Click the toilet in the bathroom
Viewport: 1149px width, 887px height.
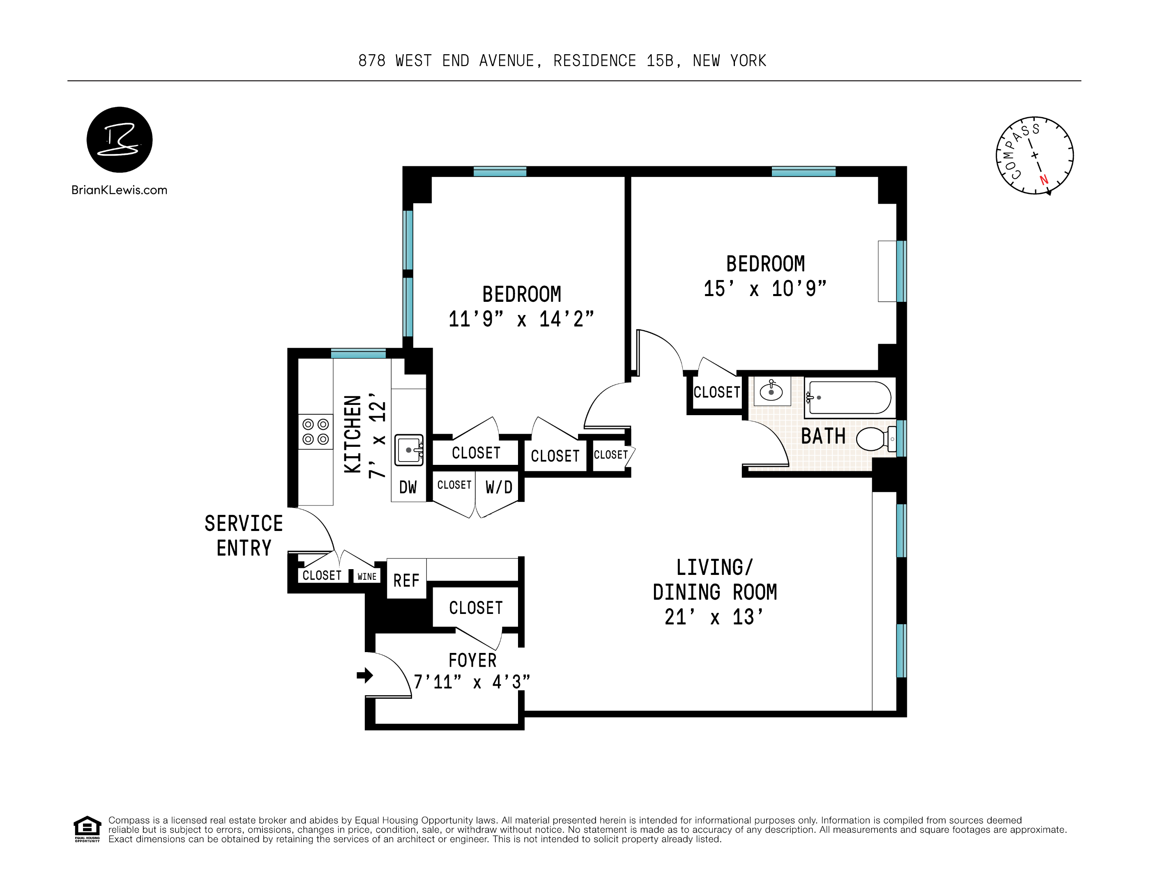pos(876,439)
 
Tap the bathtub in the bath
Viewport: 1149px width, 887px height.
pos(847,398)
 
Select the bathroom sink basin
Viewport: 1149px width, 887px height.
pos(771,391)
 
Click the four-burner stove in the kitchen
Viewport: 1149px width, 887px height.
pos(315,432)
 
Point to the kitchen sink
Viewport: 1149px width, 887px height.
pos(409,450)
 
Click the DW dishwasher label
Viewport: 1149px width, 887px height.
pos(408,487)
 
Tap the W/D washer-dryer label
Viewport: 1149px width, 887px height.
pos(499,487)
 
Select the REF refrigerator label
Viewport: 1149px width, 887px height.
pos(406,581)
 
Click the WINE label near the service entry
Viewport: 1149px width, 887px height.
pos(367,577)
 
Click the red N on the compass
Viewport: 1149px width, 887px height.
pos(1044,180)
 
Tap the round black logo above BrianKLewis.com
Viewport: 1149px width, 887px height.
pos(120,140)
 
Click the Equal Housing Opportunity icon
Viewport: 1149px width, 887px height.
pos(87,829)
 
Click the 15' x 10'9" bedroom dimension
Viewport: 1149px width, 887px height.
pos(765,289)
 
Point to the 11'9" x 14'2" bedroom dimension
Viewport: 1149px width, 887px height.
pos(521,319)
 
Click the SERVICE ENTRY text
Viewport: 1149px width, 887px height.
pos(244,536)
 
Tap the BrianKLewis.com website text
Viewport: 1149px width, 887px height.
pos(120,190)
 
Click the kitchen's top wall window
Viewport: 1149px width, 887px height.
pos(358,353)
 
